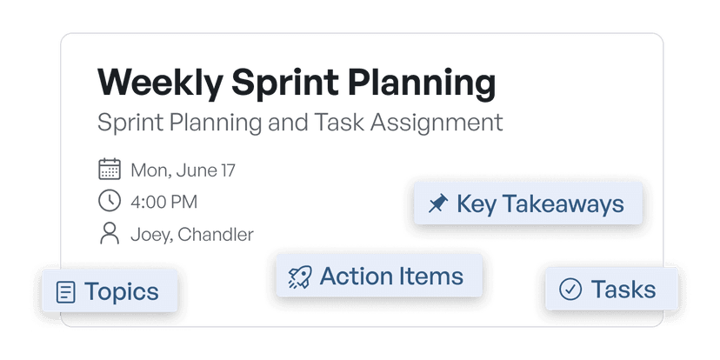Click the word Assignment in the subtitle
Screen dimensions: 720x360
[437, 123]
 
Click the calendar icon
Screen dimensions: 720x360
[110, 169]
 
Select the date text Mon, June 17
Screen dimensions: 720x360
[183, 170]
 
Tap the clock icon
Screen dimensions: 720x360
[110, 201]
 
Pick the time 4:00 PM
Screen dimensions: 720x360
[164, 202]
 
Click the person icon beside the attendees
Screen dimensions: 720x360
[110, 233]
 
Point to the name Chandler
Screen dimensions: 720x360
[216, 234]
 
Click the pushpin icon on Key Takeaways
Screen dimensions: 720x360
[438, 203]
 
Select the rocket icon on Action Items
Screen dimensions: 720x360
[300, 277]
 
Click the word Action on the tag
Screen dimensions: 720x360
[354, 276]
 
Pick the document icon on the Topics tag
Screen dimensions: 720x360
[66, 292]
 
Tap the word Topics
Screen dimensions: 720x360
[122, 292]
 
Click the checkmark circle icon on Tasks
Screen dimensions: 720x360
[570, 290]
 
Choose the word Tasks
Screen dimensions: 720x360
[623, 290]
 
